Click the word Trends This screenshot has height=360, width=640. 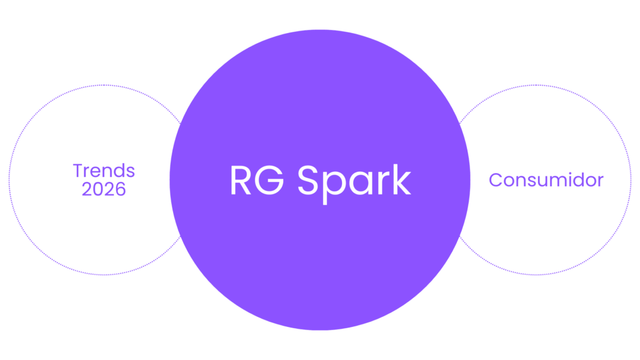pyautogui.click(x=104, y=171)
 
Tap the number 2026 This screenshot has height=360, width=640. pyautogui.click(x=104, y=189)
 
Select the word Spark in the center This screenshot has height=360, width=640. pyautogui.click(x=354, y=181)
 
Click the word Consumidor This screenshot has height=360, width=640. pyautogui.click(x=546, y=180)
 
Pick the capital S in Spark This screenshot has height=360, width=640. pyautogui.click(x=308, y=181)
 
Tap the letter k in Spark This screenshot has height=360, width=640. pyautogui.click(x=401, y=181)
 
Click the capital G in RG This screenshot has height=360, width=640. pyautogui.click(x=271, y=181)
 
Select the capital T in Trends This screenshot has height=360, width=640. pyautogui.click(x=77, y=171)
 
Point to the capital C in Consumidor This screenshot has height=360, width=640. pyautogui.click(x=495, y=180)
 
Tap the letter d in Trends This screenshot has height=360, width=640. pyautogui.click(x=119, y=171)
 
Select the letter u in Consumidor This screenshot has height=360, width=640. pyautogui.click(x=537, y=181)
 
